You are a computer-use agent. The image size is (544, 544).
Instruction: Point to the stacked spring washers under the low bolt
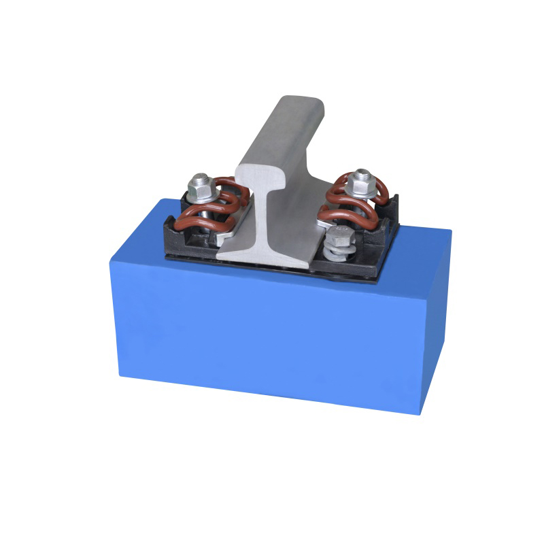338,253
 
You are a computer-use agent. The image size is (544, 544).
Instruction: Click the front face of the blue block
265,333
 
